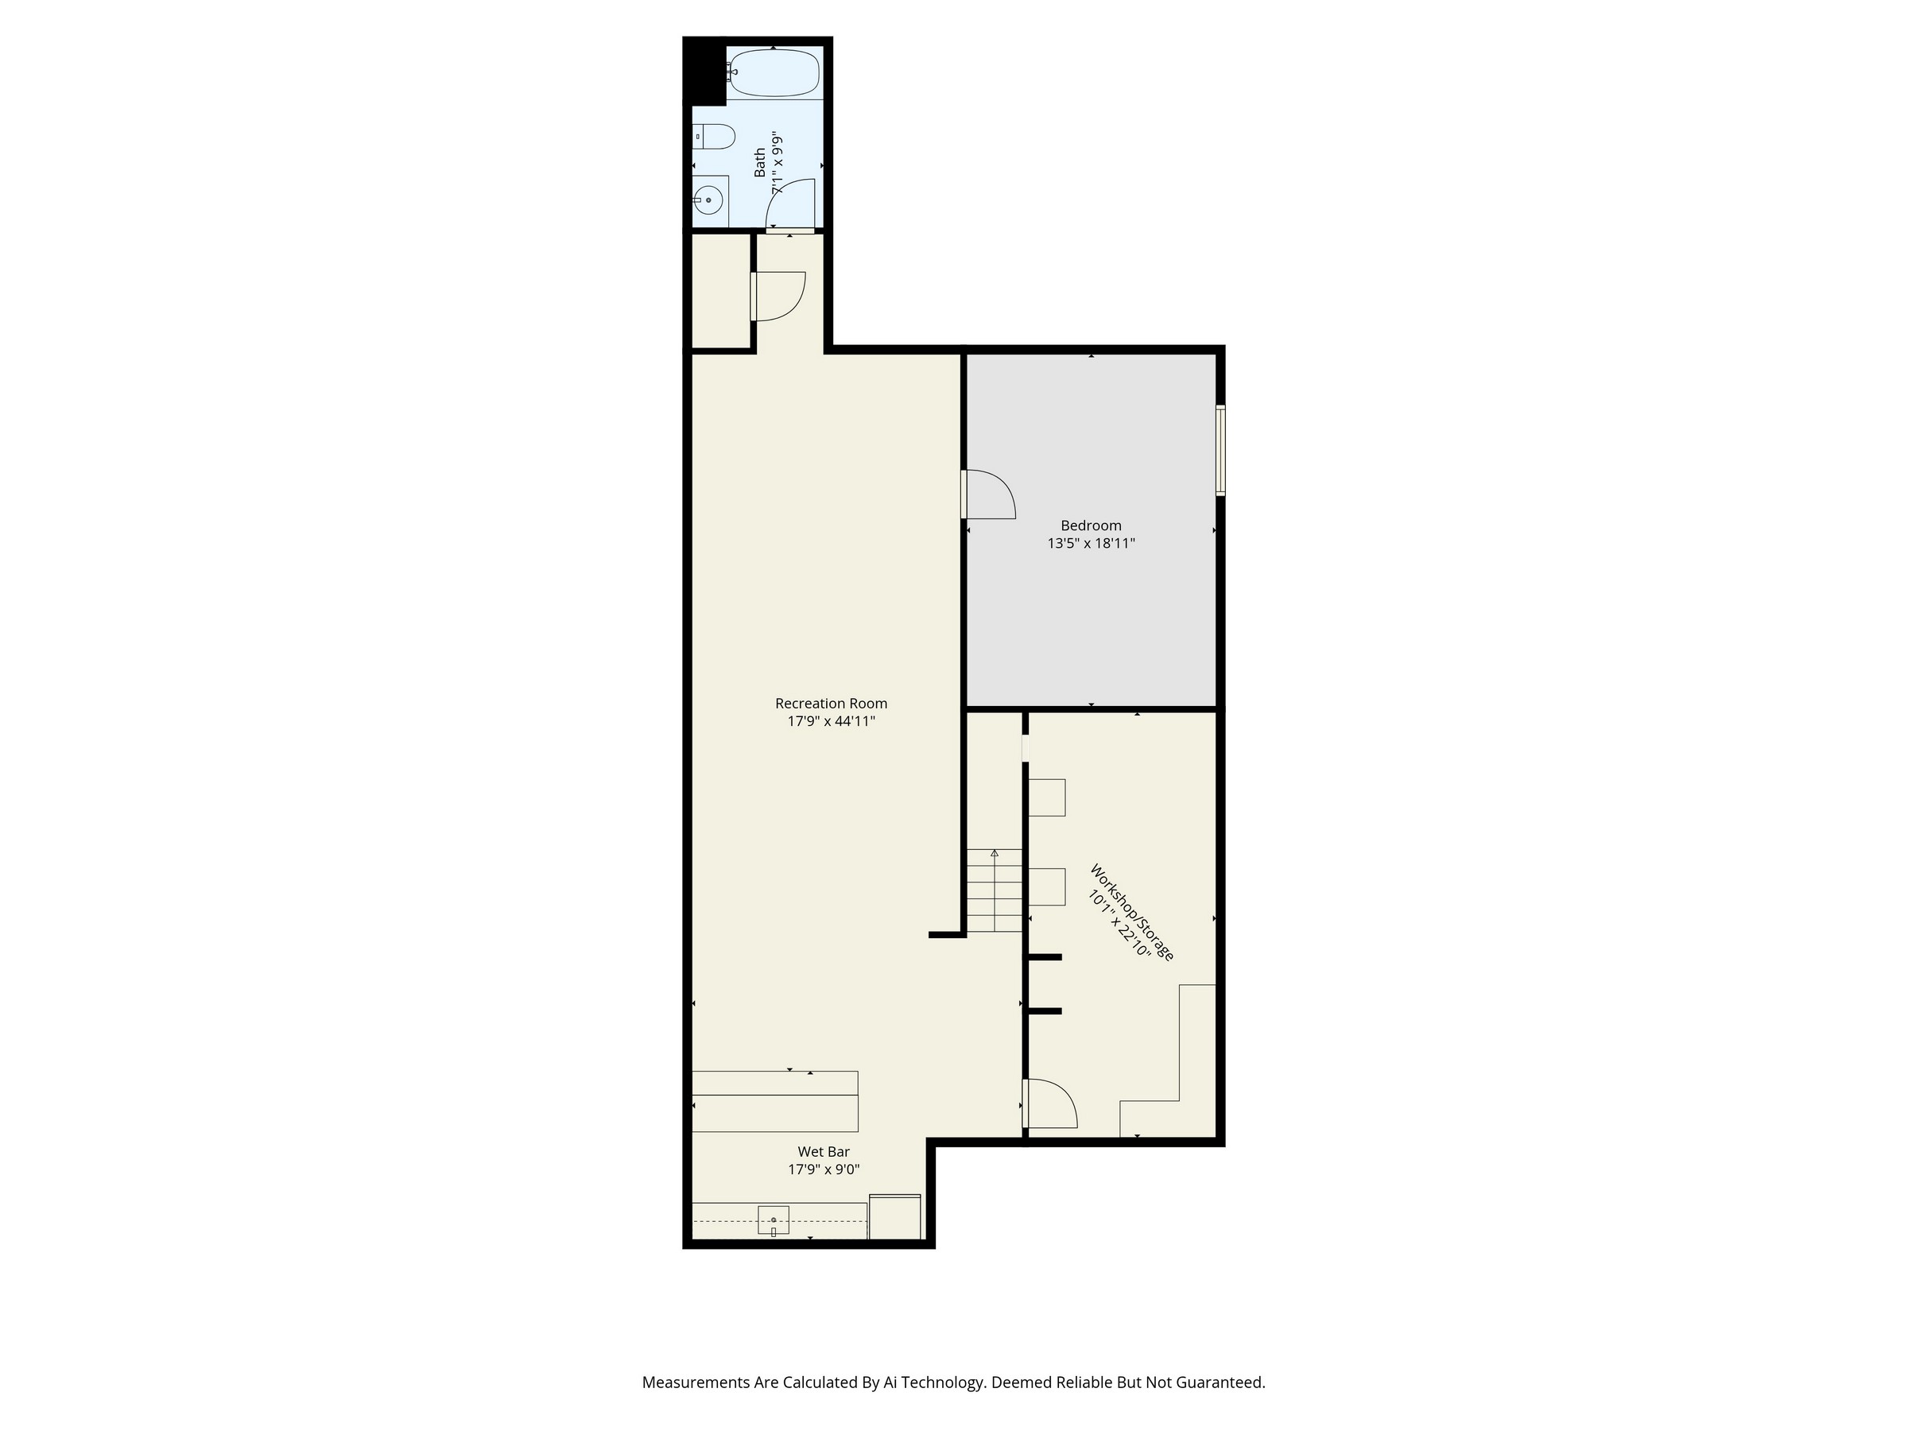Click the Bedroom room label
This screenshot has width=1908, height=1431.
tap(1092, 525)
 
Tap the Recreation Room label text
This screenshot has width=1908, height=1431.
tap(831, 703)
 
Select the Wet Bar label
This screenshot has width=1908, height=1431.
tap(824, 1151)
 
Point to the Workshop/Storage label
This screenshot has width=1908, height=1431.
tap(1133, 913)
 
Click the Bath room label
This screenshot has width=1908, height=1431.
tap(760, 162)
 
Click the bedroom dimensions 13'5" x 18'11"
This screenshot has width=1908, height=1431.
tap(1092, 544)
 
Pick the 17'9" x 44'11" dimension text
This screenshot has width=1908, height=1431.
tap(831, 721)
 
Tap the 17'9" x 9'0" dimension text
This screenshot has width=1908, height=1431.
tap(824, 1169)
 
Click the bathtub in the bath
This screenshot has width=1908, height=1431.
tap(774, 73)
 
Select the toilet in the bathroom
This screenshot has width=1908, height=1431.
tap(714, 136)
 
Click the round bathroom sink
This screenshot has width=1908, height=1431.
tap(708, 200)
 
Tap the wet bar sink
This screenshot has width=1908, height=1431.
tap(773, 1220)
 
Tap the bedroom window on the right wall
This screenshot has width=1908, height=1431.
tap(1220, 450)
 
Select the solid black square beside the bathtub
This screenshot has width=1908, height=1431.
tap(704, 72)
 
